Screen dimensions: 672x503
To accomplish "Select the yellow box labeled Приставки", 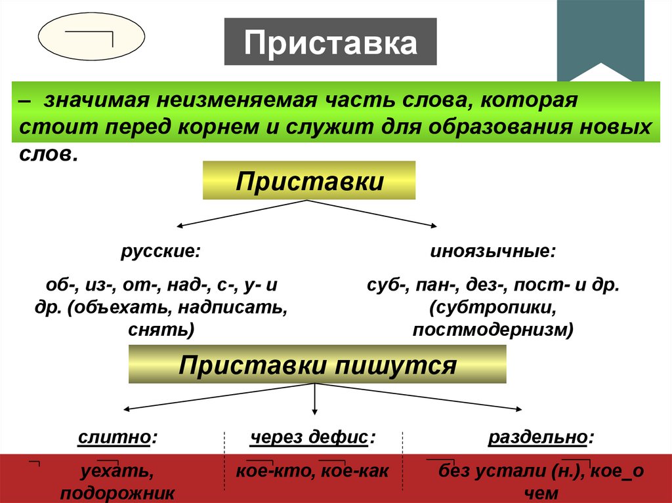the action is pyautogui.click(x=309, y=180).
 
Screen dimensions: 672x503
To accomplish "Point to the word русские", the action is pyautogui.click(x=160, y=252).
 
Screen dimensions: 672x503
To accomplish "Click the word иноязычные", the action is pyautogui.click(x=493, y=252).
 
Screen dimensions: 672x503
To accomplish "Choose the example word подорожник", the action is pyautogui.click(x=117, y=493).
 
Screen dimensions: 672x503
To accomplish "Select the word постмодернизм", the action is pyautogui.click(x=493, y=329).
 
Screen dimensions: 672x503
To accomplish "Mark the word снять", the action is pyautogui.click(x=166, y=329).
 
